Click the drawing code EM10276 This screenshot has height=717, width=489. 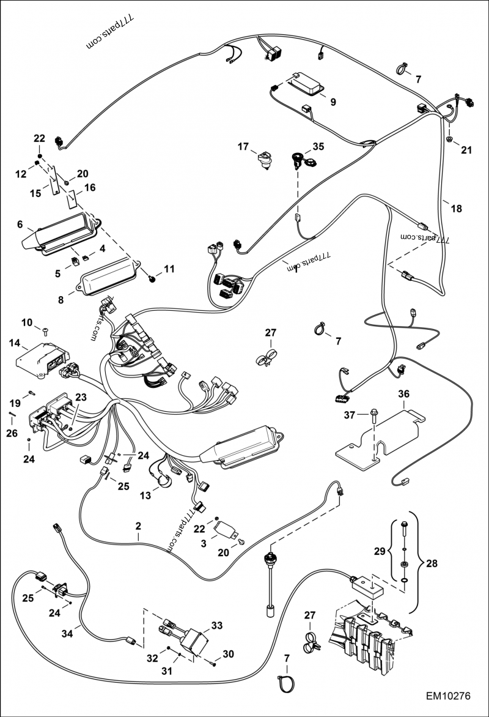[449, 697]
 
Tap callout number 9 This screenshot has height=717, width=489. [333, 102]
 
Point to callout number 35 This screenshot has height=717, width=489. [318, 147]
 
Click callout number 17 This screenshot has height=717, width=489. [243, 147]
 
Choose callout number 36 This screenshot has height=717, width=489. [403, 395]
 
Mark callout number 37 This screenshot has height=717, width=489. [348, 415]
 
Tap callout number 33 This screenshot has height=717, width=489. [217, 625]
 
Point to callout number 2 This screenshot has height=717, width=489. [138, 526]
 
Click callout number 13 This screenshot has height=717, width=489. [144, 494]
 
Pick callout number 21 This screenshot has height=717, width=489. [467, 150]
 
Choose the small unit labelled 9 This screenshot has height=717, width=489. [304, 84]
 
